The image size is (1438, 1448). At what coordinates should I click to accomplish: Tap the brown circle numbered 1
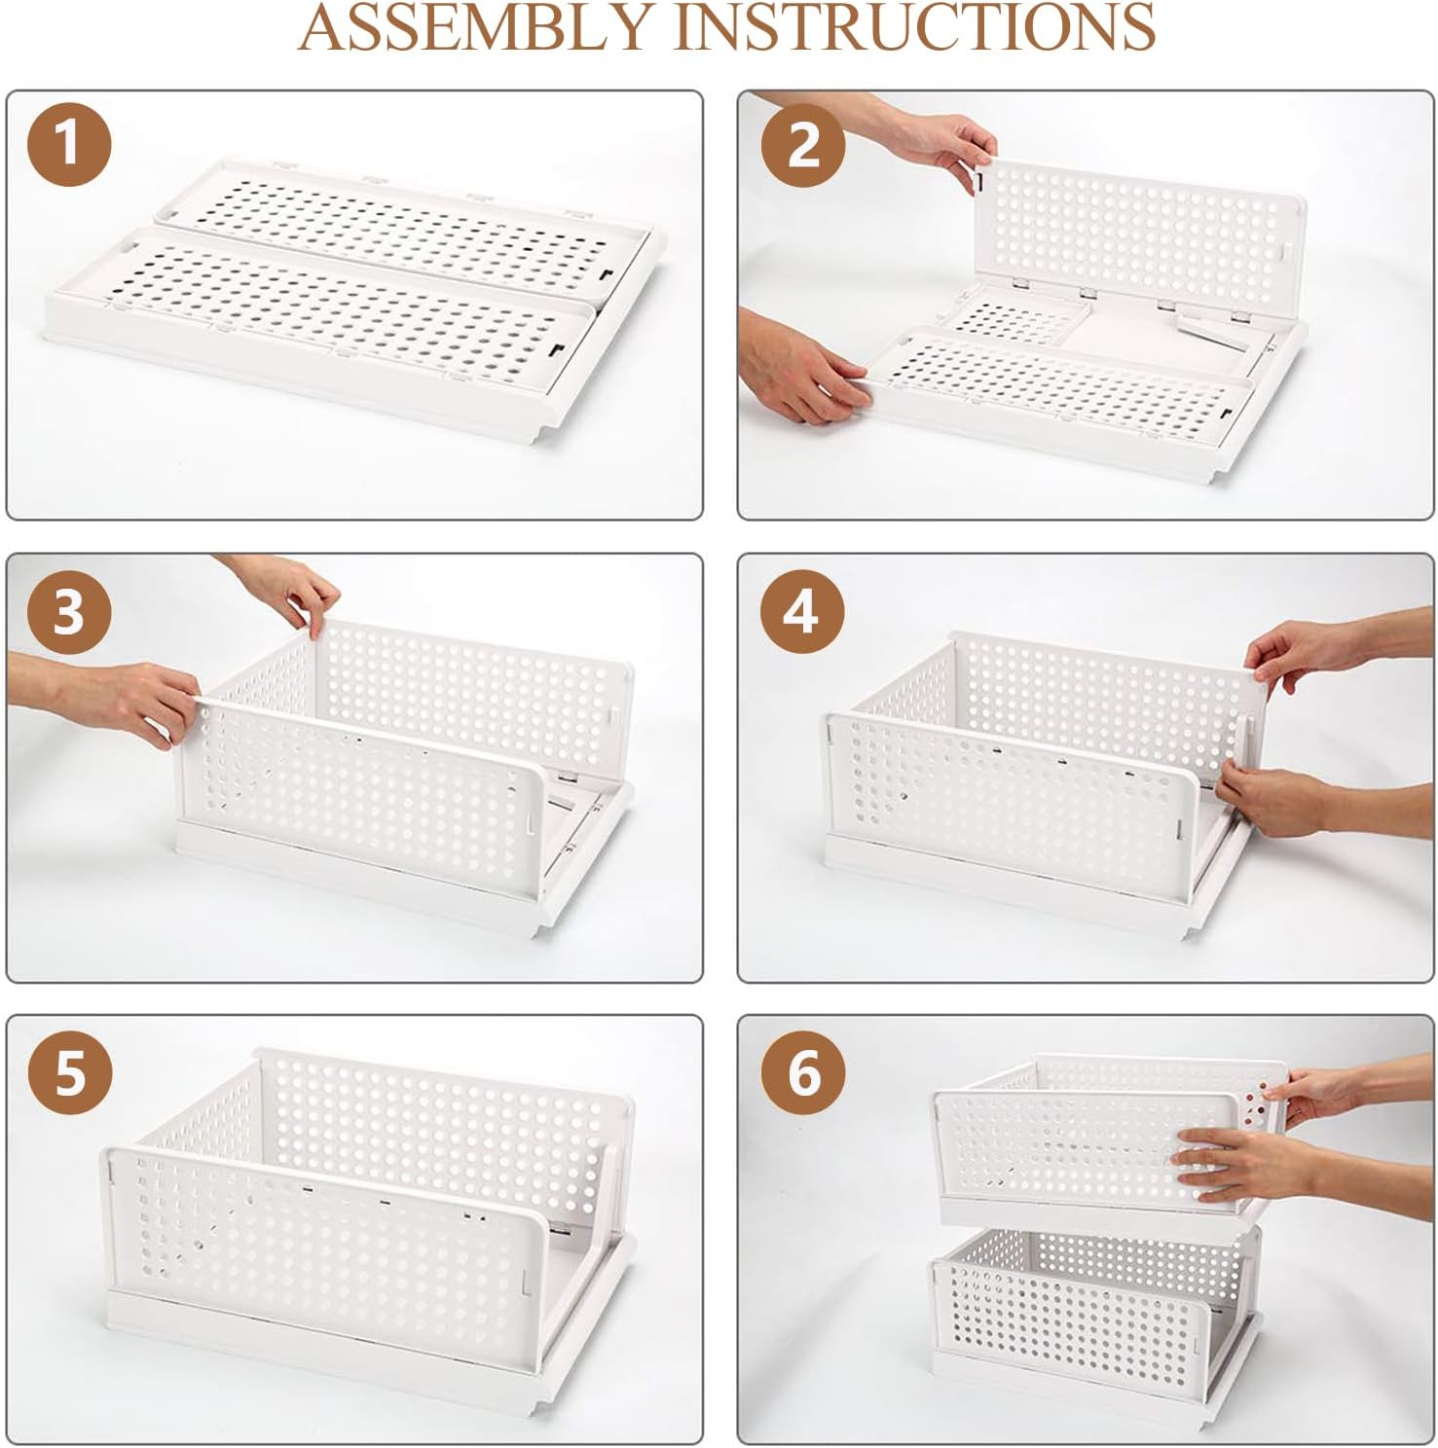(x=68, y=144)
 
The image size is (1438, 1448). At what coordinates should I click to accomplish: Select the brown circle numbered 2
(x=802, y=145)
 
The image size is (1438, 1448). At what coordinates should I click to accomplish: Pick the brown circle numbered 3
(x=68, y=612)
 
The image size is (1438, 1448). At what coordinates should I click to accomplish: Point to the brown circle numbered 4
(x=800, y=612)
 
